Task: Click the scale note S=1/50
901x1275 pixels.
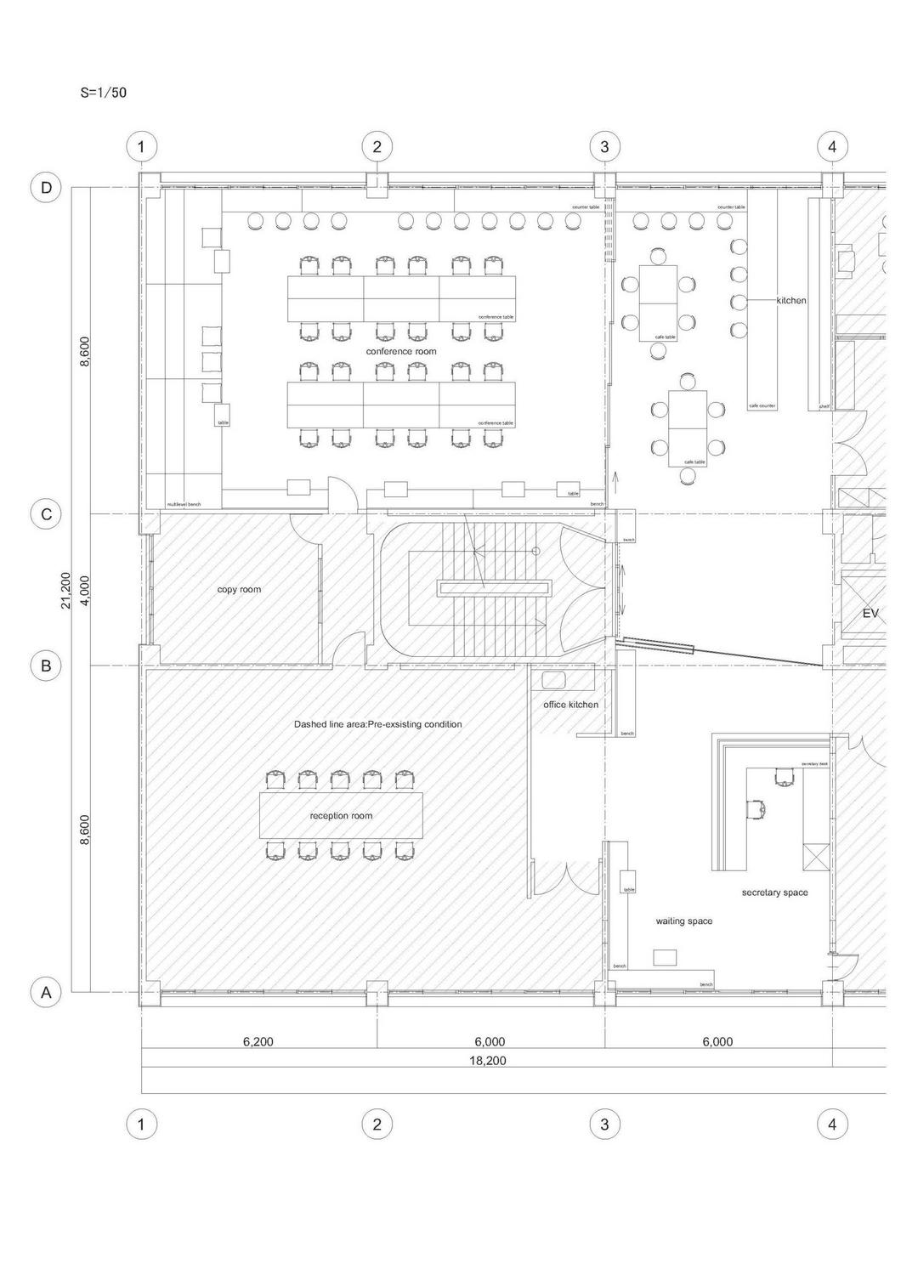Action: coord(104,93)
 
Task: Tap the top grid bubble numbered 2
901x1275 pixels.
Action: coord(377,146)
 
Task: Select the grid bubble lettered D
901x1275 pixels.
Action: coord(47,187)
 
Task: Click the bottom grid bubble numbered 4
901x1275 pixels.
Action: coord(832,1125)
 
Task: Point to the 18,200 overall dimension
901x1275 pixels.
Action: coord(487,1061)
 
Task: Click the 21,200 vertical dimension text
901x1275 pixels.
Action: coord(66,589)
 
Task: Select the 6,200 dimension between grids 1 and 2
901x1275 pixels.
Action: coord(258,1041)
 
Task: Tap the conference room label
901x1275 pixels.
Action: coord(401,351)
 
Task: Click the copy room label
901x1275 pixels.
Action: coord(239,589)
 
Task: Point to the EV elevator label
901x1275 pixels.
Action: coord(870,613)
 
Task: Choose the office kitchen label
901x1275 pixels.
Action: coord(570,705)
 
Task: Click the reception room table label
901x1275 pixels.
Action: coord(341,815)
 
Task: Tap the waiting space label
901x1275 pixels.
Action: coord(683,921)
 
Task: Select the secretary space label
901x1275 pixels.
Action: coord(774,892)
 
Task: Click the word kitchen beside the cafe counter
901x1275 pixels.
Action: coord(791,300)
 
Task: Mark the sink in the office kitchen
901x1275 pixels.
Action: coord(555,679)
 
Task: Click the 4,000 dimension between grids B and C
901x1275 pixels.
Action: coord(85,589)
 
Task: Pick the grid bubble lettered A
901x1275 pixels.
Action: coord(47,992)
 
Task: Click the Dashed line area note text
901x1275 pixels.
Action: coord(377,724)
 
